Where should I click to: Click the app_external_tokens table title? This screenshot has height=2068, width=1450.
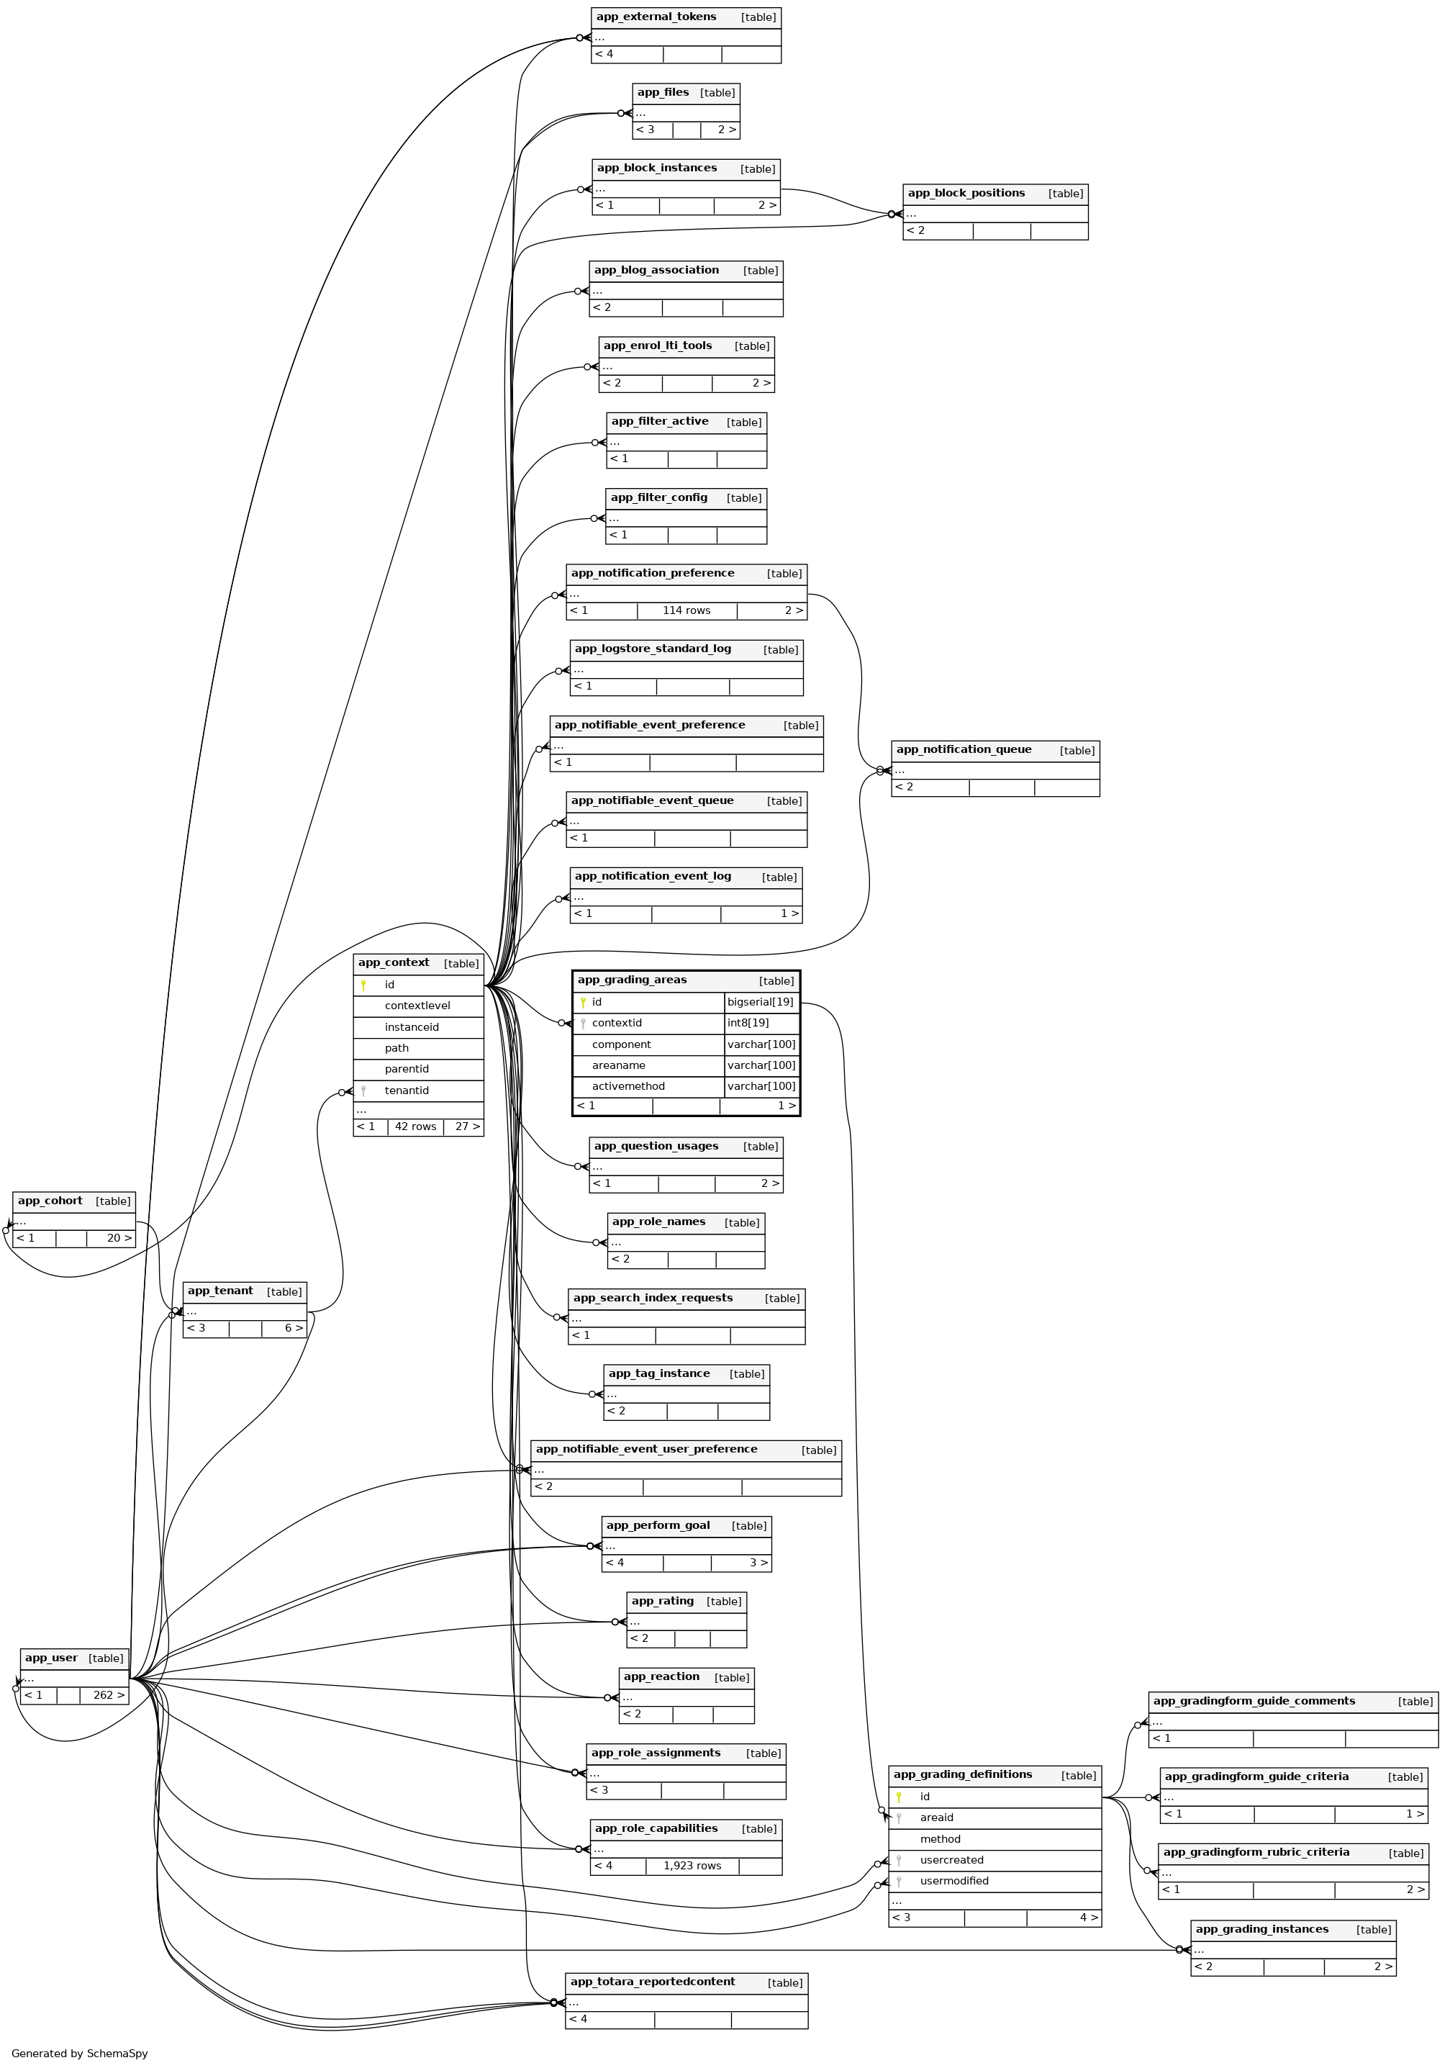(656, 17)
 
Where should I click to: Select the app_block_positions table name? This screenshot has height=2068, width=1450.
(966, 194)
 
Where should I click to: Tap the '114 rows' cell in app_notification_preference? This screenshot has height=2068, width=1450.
(687, 610)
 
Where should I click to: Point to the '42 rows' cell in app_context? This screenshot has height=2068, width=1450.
(415, 1126)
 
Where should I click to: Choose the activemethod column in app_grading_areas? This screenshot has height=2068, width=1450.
(627, 1086)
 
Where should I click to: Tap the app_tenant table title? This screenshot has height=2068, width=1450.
(221, 1291)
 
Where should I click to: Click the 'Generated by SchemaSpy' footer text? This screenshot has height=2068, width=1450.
(79, 2054)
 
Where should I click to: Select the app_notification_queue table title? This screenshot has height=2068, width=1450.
(964, 749)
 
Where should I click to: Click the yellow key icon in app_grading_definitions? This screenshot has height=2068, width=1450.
(899, 1797)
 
